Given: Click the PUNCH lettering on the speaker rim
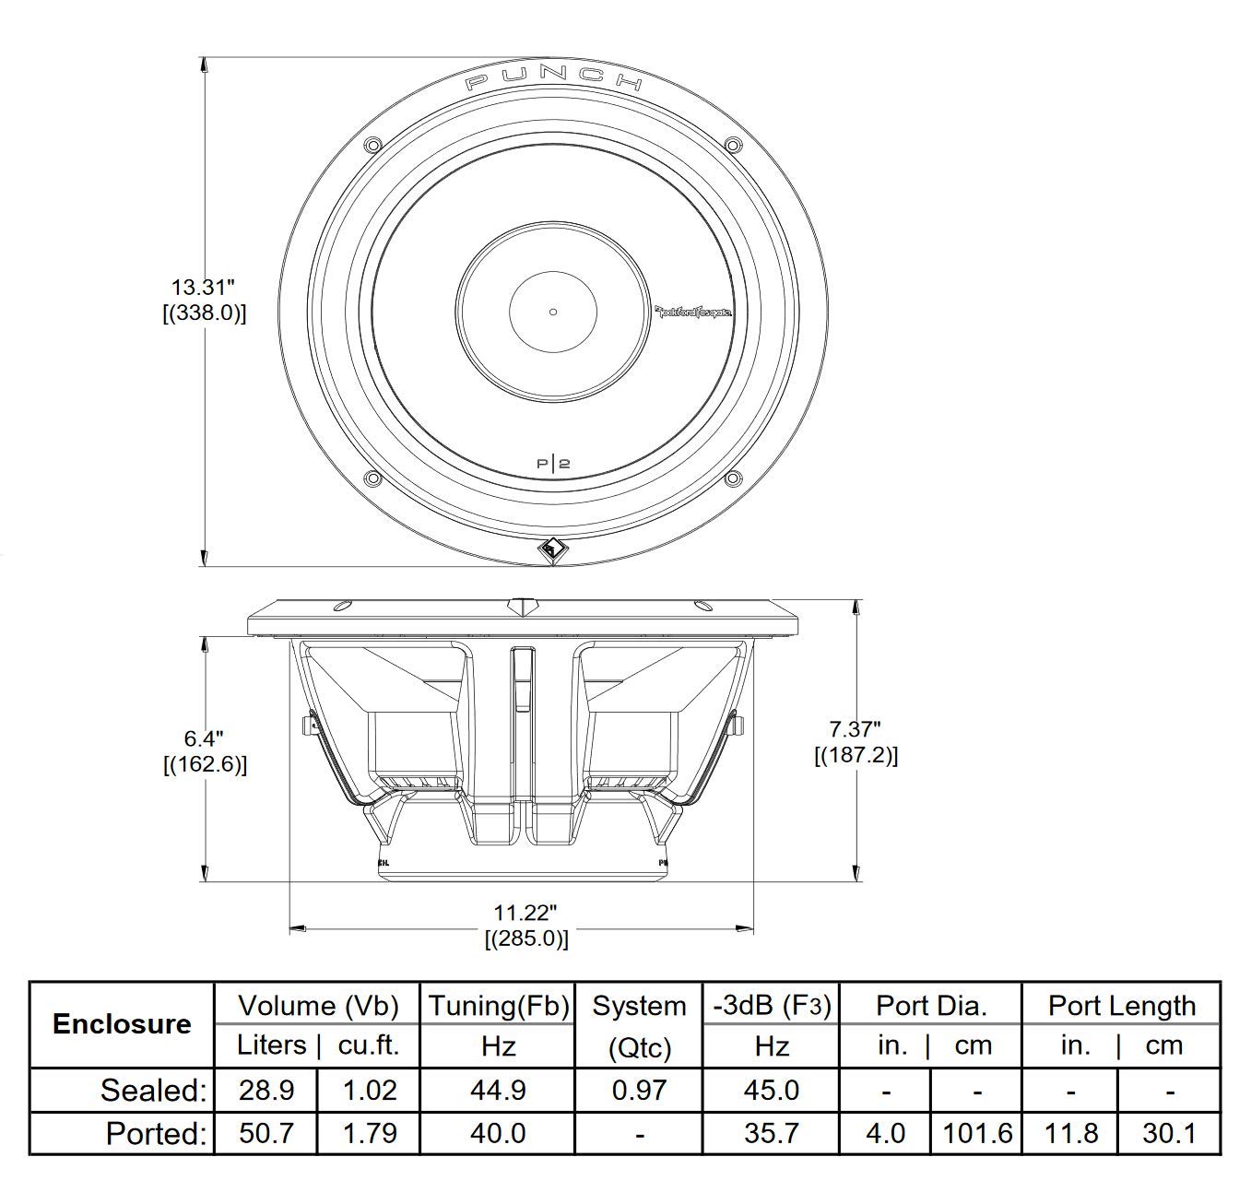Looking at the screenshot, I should pos(553,80).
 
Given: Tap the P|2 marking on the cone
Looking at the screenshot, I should pos(553,463).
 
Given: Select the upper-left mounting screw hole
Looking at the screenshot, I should pos(372,145).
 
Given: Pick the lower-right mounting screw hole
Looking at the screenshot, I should pos(733,478).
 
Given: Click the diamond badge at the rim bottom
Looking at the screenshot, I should pos(553,549).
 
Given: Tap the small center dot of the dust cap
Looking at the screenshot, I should pos(553,312).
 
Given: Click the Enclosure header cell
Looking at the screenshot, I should pos(122,1024).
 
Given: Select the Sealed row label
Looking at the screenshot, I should pos(154,1090).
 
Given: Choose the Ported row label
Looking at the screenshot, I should pos(156,1132).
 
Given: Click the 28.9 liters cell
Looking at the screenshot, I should pos(266,1090).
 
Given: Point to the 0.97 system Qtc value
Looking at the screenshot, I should pos(639,1090).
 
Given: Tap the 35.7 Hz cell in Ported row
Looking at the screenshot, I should pos(771,1132).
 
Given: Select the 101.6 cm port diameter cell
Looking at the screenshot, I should pos(976,1132).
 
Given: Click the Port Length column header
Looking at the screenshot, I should pos(1121,1006).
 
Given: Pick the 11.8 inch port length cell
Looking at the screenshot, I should pos(1070,1132).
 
